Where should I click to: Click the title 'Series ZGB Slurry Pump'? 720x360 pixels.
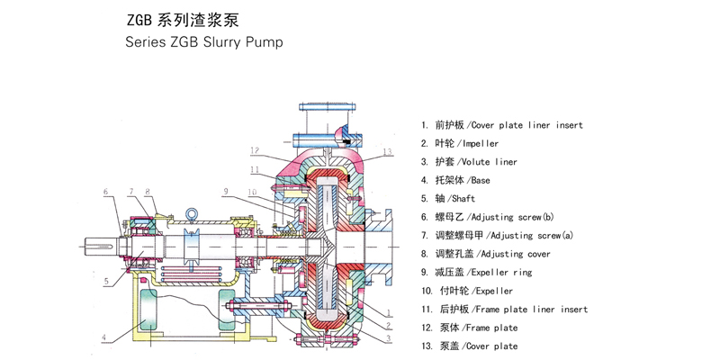[x=204, y=42]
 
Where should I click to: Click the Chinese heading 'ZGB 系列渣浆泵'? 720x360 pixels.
[x=183, y=21]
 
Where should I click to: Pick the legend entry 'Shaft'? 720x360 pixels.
[x=448, y=198]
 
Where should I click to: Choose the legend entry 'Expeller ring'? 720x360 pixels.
[x=477, y=272]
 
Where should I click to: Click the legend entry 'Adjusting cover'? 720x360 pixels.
[x=486, y=254]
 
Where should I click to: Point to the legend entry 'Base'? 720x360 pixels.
[x=456, y=180]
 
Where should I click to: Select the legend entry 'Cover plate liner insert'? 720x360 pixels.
[x=502, y=125]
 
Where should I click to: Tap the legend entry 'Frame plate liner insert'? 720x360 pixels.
[x=505, y=309]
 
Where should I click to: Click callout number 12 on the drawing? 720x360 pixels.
[x=256, y=150]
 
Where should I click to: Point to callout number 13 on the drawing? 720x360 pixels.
[x=388, y=151]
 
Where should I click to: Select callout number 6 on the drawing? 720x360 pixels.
[x=105, y=191]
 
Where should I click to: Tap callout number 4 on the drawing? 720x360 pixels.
[x=103, y=338]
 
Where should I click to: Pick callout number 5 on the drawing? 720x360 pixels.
[x=106, y=282]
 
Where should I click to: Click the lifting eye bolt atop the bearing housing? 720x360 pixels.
[x=192, y=214]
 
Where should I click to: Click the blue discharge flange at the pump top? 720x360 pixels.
[x=328, y=107]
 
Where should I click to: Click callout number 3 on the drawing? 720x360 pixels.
[x=388, y=339]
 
